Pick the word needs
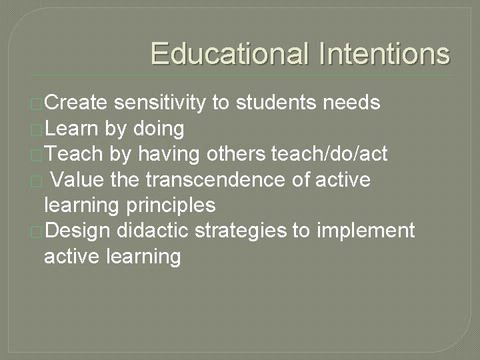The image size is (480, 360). tap(351, 102)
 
